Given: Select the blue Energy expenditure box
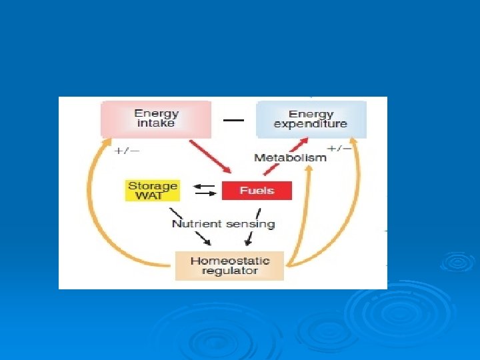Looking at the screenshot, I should click(311, 119).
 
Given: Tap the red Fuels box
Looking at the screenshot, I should click(257, 190).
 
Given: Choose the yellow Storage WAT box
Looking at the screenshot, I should click(153, 191).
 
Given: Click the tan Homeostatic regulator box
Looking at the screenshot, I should click(229, 266).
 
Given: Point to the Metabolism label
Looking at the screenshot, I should click(291, 157).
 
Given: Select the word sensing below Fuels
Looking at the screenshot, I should click(249, 224).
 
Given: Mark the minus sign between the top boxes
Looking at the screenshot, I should click(233, 120).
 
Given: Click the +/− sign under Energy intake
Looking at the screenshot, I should click(127, 151).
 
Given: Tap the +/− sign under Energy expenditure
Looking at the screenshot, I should click(339, 148).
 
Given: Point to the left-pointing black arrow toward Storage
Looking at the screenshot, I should click(204, 186).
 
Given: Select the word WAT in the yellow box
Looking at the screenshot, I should click(153, 196).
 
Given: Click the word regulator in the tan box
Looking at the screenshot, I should click(229, 271).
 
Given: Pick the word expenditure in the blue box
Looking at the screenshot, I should click(311, 124).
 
